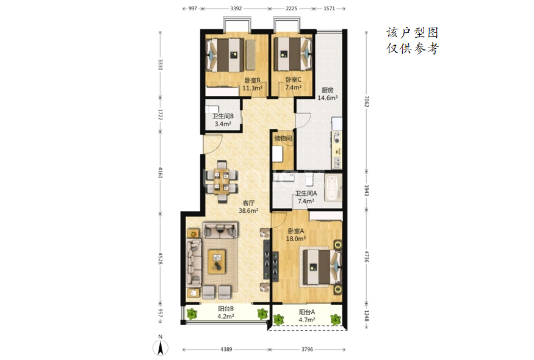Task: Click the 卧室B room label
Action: pyautogui.click(x=253, y=81)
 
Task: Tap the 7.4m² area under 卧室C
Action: pyautogui.click(x=293, y=87)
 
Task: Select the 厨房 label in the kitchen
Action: pyautogui.click(x=327, y=90)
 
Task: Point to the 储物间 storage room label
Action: pyautogui.click(x=283, y=139)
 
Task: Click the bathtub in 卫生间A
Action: pyautogui.click(x=333, y=187)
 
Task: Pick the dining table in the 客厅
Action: pyautogui.click(x=222, y=181)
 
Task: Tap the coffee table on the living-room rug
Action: pyautogui.click(x=217, y=261)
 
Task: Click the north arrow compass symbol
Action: pyautogui.click(x=160, y=346)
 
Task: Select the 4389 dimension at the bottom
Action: pyautogui.click(x=226, y=350)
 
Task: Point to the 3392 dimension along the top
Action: pyautogui.click(x=236, y=9)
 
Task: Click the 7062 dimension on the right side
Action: pyautogui.click(x=366, y=101)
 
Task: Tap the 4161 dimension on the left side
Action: pyautogui.click(x=161, y=172)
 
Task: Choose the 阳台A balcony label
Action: pyautogui.click(x=307, y=312)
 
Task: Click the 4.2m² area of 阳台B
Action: pyautogui.click(x=225, y=317)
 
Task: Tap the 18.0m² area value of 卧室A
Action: pyautogui.click(x=295, y=239)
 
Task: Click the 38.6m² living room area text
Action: pyautogui.click(x=248, y=211)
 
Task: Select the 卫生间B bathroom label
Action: pyautogui.click(x=223, y=116)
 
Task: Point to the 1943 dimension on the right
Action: pyautogui.click(x=366, y=190)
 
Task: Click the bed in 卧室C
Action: pyautogui.click(x=293, y=54)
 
